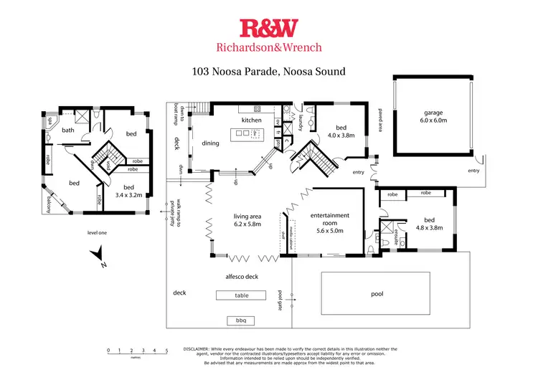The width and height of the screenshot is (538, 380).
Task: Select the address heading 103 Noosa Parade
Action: click(269, 71)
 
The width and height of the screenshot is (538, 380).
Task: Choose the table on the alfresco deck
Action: click(240, 295)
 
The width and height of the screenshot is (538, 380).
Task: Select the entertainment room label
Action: click(331, 219)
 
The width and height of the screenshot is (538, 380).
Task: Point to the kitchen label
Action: click(251, 120)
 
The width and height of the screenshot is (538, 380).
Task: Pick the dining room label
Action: click(210, 143)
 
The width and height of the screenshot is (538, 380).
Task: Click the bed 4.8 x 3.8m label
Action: click(429, 224)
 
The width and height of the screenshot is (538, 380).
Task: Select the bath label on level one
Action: click(68, 130)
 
